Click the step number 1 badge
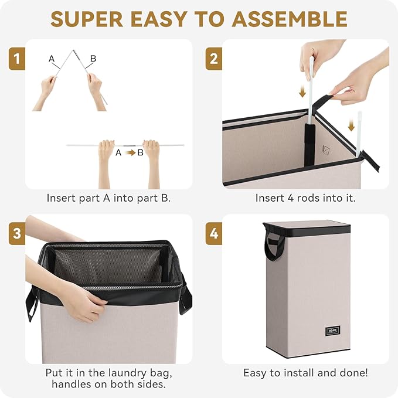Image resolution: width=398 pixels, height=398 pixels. click(17, 59)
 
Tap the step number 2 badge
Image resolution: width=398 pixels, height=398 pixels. click(214, 59)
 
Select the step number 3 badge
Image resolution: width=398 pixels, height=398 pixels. click(17, 233)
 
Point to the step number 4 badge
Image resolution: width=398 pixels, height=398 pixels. click(214, 233)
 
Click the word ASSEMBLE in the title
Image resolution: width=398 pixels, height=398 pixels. click(290, 19)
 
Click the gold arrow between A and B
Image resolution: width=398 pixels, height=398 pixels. click(131, 153)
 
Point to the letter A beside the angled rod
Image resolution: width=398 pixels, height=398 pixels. click(52, 59)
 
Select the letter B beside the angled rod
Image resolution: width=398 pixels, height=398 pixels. click(93, 59)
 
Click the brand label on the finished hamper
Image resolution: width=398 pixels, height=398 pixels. click(332, 331)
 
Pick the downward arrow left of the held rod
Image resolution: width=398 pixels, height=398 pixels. click(302, 91)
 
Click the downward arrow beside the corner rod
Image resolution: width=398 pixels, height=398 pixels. click(351, 125)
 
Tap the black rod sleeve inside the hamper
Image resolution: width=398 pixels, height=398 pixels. click(309, 144)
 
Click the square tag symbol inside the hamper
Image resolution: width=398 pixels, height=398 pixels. click(326, 150)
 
